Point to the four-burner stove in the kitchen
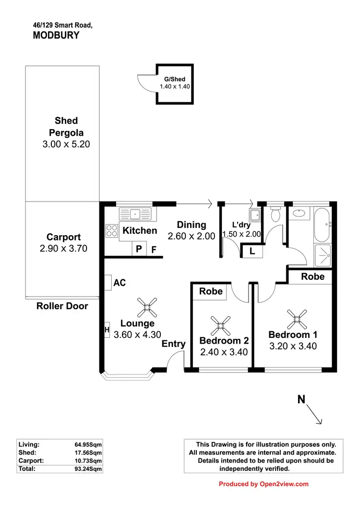[112, 231]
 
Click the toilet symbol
[275, 214]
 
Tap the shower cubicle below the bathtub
[322, 254]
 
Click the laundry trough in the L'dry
[254, 215]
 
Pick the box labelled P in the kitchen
[139, 249]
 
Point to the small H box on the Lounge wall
[107, 330]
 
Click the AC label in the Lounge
[120, 283]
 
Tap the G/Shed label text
[175, 79]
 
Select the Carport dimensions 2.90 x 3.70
[63, 249]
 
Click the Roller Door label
[62, 306]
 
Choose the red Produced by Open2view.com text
[264, 484]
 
